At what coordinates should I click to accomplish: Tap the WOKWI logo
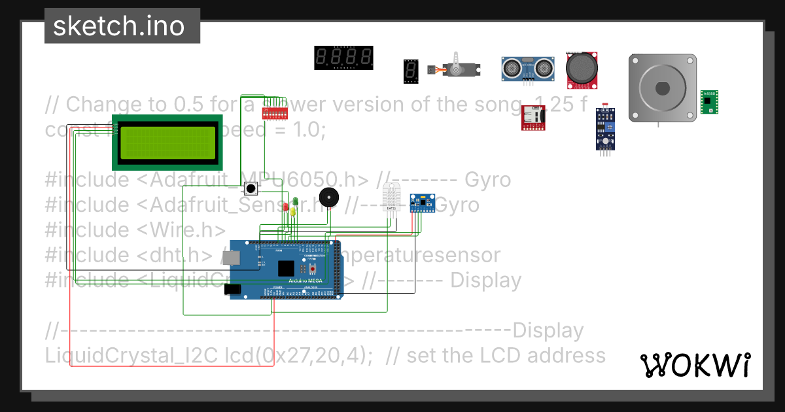(x=695, y=365)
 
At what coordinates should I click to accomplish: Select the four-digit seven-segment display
(x=344, y=58)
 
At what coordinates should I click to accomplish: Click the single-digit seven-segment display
(x=410, y=71)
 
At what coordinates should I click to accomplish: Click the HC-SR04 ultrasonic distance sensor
(x=527, y=68)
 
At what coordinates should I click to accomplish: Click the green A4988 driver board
(x=708, y=102)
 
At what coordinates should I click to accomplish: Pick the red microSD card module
(x=533, y=118)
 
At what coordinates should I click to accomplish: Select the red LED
(x=287, y=207)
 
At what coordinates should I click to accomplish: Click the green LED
(x=295, y=201)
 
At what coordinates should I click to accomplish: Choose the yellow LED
(x=292, y=211)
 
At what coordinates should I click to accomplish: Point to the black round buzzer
(x=329, y=198)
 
